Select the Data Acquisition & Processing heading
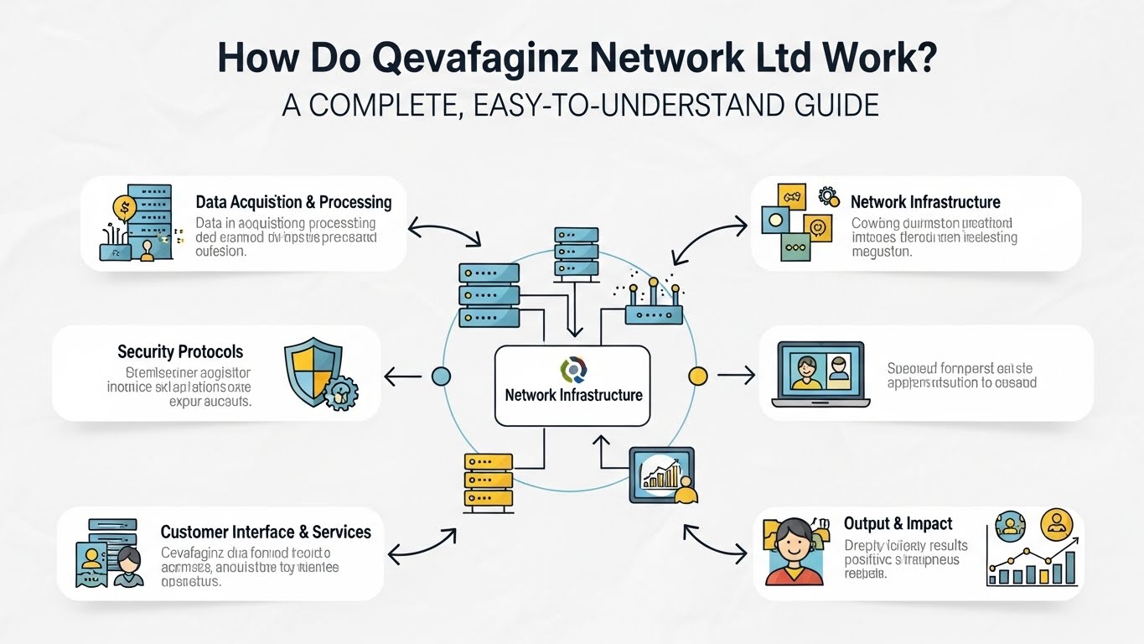tap(293, 202)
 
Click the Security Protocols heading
tap(180, 351)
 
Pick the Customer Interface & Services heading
tap(266, 532)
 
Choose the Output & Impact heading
tap(898, 523)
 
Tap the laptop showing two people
tap(820, 373)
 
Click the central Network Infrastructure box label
tap(573, 395)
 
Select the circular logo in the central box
tap(573, 369)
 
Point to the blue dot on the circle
tap(441, 377)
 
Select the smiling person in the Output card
tap(793, 550)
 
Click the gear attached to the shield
tap(342, 393)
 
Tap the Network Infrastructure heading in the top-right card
tap(925, 202)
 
